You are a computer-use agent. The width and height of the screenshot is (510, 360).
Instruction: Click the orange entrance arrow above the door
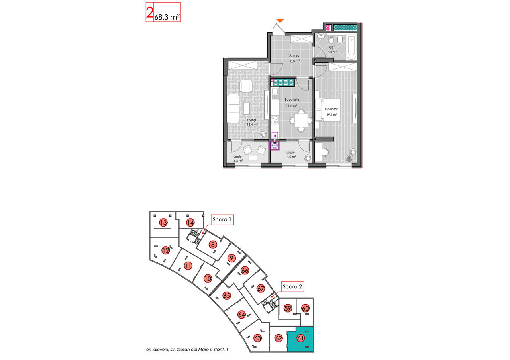click(280, 20)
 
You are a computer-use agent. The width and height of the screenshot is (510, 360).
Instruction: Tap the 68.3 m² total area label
click(167, 17)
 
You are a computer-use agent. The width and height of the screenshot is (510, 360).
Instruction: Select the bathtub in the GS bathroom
click(351, 47)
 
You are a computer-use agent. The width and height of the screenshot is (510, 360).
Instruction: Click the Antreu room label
click(294, 55)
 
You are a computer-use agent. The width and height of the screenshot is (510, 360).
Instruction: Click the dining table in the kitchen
click(301, 121)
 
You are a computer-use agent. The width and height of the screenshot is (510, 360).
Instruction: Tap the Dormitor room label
click(331, 109)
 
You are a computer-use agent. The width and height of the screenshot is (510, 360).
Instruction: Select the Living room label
click(251, 120)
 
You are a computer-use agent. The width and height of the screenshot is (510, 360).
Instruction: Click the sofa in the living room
click(233, 109)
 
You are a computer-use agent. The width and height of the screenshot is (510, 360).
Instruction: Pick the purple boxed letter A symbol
click(275, 136)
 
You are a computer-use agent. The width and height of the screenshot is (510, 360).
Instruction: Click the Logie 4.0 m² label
click(291, 155)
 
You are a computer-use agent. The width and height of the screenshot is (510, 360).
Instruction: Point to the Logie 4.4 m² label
click(238, 158)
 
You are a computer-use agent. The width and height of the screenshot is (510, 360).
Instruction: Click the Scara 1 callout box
click(222, 219)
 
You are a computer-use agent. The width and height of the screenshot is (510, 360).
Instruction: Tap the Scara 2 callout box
click(292, 286)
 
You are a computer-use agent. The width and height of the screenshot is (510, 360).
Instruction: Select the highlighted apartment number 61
click(301, 338)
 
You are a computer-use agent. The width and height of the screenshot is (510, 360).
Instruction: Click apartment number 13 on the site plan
click(163, 222)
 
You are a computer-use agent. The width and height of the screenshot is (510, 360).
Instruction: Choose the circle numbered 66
click(245, 270)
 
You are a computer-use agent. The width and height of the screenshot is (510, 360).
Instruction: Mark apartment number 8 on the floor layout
click(213, 245)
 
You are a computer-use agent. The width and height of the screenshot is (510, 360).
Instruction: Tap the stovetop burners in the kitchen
click(275, 120)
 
